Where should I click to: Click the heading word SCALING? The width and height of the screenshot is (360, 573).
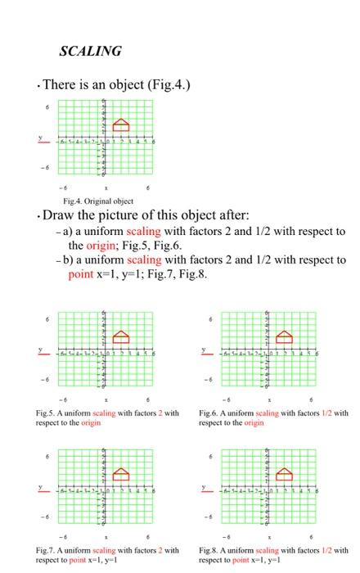point(91,52)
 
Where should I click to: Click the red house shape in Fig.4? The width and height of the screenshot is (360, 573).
point(121,124)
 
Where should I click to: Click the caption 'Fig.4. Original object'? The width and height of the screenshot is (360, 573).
point(99,201)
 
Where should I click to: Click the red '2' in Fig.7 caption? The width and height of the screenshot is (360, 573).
point(166,549)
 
